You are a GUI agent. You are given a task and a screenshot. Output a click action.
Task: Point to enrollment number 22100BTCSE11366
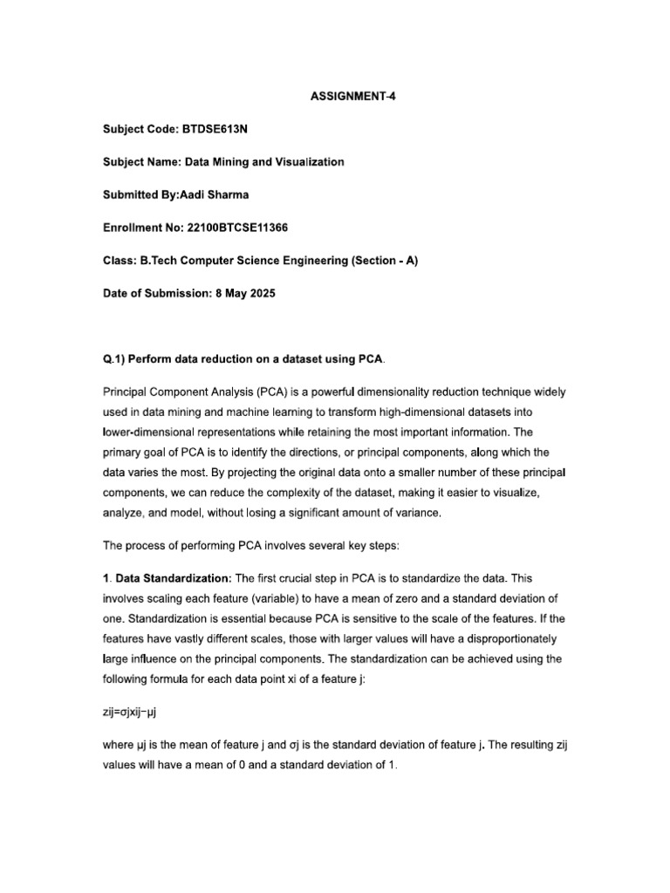click(238, 228)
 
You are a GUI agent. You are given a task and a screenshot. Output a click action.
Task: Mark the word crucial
click(282, 579)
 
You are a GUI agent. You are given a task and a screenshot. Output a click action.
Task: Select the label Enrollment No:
click(141, 228)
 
